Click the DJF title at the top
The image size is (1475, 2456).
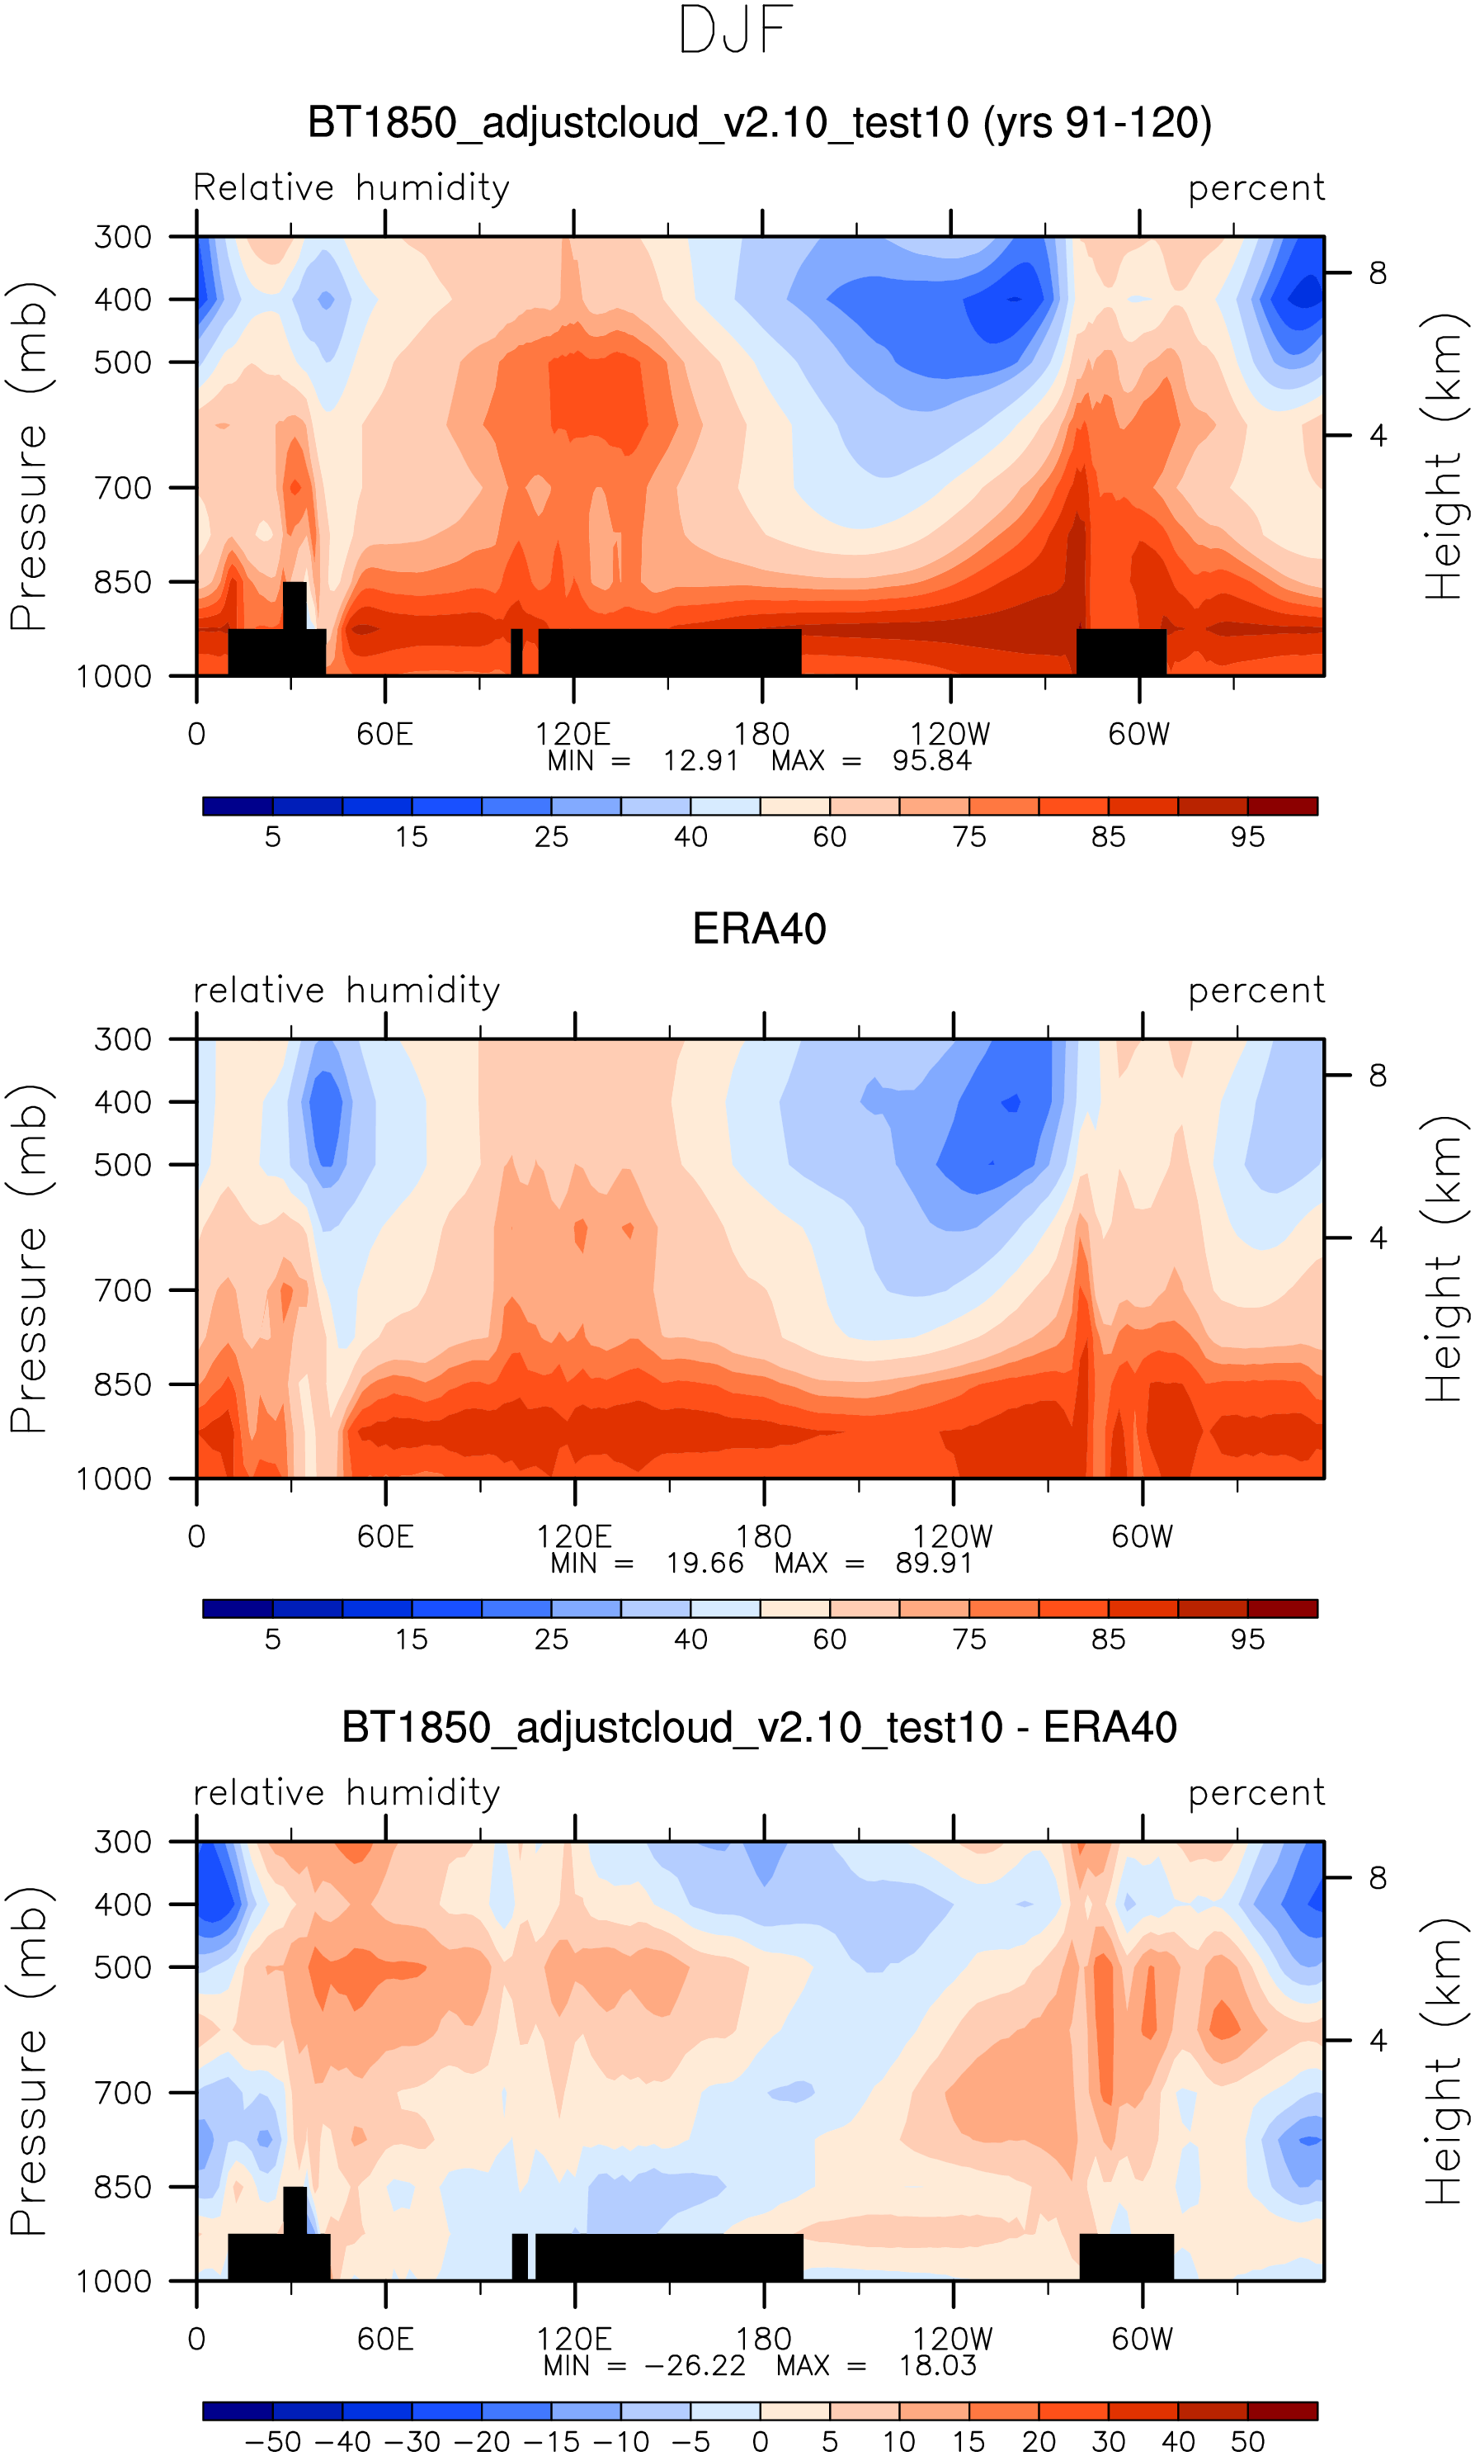pyautogui.click(x=736, y=31)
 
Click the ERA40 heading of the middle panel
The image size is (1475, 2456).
pyautogui.click(x=760, y=929)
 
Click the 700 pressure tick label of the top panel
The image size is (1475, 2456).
pyautogui.click(x=123, y=488)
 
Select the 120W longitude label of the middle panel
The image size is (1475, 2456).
pyautogui.click(x=952, y=1537)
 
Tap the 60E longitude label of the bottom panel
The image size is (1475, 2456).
pyautogui.click(x=385, y=2340)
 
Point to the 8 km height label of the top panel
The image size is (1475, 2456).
pyautogui.click(x=1378, y=272)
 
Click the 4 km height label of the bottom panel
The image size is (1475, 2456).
pyautogui.click(x=1378, y=2041)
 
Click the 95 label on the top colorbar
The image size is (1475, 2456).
pyautogui.click(x=1247, y=836)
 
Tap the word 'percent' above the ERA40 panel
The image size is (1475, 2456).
pyautogui.click(x=1256, y=991)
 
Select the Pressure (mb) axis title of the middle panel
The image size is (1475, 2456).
pyautogui.click(x=29, y=1258)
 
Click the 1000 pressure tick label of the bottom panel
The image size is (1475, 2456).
pyautogui.click(x=115, y=2282)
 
